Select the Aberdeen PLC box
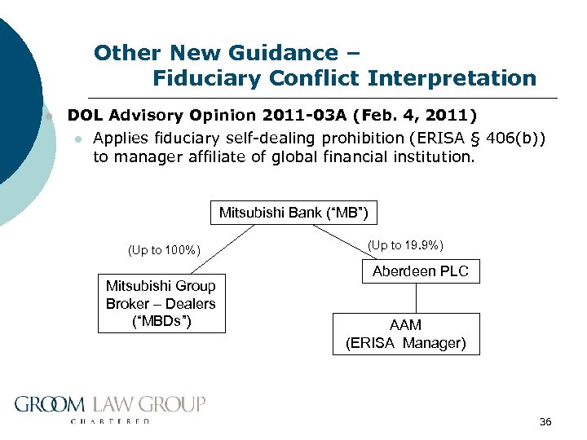[x=421, y=271]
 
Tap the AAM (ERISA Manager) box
[x=406, y=334]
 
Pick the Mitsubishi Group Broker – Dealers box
[x=161, y=303]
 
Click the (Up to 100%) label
[x=164, y=250]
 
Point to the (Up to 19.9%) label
[x=405, y=244]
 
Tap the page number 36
[x=545, y=421]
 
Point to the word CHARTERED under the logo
[x=110, y=421]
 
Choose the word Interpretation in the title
[x=452, y=78]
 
